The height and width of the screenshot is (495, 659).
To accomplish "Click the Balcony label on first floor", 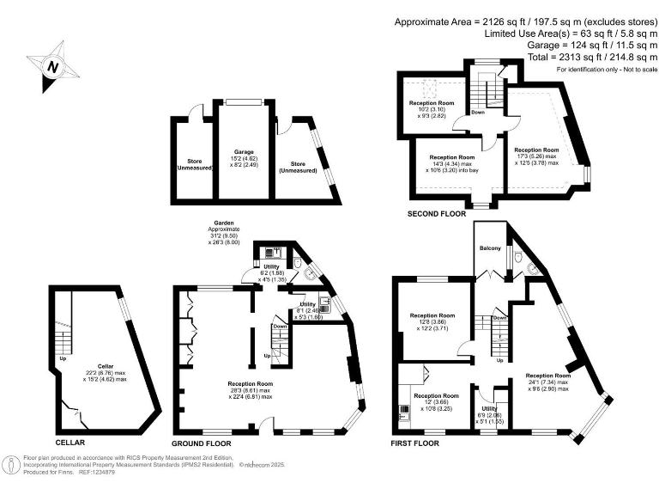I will click(490, 248).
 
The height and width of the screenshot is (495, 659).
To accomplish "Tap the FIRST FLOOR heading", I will click(415, 443).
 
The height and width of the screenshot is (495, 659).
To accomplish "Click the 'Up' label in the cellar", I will click(63, 358).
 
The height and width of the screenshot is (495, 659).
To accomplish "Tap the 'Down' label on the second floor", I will click(479, 112).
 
